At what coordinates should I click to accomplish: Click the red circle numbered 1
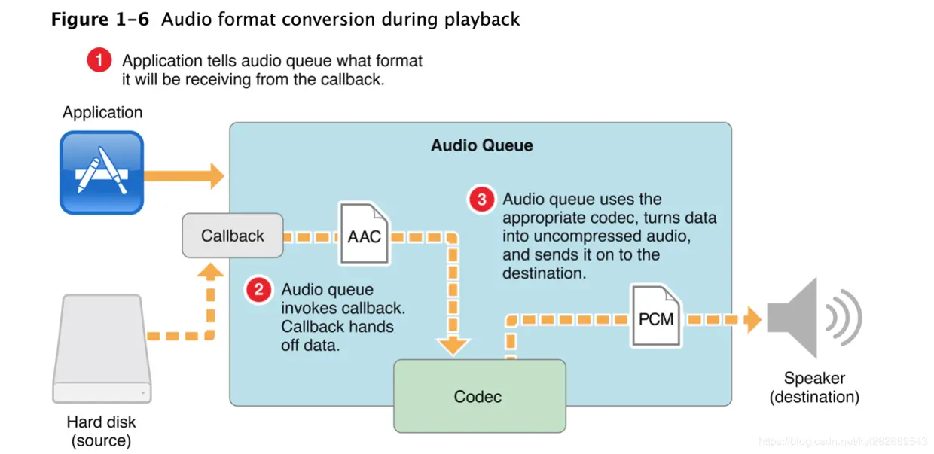tap(99, 60)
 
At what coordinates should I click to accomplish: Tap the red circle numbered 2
tap(259, 290)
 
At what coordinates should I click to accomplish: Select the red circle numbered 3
tap(481, 200)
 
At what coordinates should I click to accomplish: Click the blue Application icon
tap(102, 172)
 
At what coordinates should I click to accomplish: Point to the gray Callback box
tap(233, 236)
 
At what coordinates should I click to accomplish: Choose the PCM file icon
tap(656, 315)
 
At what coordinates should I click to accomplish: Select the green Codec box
tap(478, 396)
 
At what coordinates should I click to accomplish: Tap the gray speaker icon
tap(812, 318)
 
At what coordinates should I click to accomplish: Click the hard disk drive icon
tap(102, 349)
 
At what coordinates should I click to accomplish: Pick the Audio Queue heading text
tap(481, 145)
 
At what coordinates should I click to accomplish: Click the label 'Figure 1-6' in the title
tap(101, 19)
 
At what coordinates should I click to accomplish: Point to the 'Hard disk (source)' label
tap(102, 431)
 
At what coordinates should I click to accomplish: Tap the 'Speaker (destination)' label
tap(814, 387)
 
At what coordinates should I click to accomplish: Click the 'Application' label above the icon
tap(102, 113)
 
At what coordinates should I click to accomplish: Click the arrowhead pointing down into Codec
tap(453, 346)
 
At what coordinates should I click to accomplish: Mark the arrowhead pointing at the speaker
tap(752, 320)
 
